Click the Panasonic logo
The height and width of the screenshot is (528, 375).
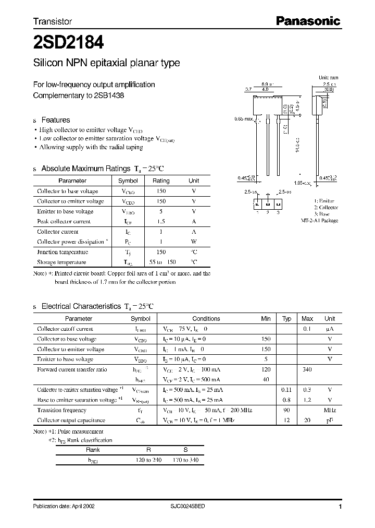307,21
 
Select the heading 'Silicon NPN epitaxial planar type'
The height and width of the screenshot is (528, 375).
106,63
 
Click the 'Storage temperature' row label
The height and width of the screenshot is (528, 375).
61,262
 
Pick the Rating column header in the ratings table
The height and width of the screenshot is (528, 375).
160,181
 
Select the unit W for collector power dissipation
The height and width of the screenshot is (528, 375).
194,242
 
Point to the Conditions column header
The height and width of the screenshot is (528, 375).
206,319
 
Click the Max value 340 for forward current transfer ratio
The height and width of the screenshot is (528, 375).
307,369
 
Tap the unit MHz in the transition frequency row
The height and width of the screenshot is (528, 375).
330,410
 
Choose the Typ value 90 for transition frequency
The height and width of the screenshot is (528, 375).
286,410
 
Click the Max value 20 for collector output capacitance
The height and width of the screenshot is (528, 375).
307,421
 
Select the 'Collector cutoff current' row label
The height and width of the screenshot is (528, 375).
65,329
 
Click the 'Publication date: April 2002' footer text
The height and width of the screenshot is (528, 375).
64,507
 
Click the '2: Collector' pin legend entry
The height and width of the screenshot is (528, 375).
326,208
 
